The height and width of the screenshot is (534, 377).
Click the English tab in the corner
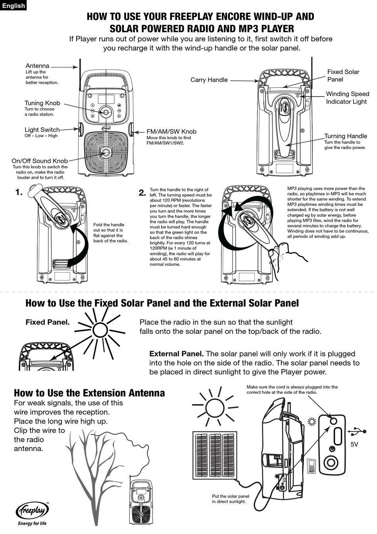point(13,6)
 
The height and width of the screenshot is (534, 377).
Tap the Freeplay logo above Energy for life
point(32,510)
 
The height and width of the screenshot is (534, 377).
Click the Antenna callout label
point(37,66)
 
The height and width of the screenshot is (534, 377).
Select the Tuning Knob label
point(42,103)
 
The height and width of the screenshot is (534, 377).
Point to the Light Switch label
point(42,130)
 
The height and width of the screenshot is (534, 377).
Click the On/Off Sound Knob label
point(40,161)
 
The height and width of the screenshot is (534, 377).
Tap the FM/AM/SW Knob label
point(171,132)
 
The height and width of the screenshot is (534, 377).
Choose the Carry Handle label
point(209,80)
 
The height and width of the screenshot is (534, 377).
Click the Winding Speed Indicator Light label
point(347,98)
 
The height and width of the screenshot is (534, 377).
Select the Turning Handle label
point(346,136)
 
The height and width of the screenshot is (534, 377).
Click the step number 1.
point(19,193)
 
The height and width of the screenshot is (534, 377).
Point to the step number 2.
point(142,193)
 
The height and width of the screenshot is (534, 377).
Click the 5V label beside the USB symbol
point(354,444)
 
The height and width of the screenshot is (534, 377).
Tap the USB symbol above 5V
point(356,431)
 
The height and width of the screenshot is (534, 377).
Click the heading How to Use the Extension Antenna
point(89,393)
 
